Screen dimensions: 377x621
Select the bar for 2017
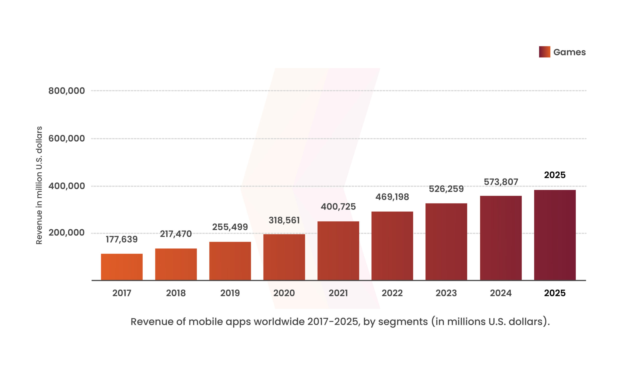(x=122, y=267)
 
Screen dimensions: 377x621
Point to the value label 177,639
(x=122, y=239)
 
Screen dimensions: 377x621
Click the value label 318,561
(x=284, y=220)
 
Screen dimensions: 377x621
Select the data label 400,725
(x=338, y=207)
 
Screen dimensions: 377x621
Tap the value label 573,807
(x=501, y=182)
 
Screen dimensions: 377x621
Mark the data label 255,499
(x=230, y=227)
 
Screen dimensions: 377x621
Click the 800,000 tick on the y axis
(x=66, y=91)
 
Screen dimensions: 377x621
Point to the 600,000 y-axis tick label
(x=66, y=138)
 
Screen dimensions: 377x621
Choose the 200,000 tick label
(x=66, y=233)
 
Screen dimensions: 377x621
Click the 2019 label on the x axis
(x=230, y=293)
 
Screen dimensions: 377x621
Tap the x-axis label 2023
(x=446, y=293)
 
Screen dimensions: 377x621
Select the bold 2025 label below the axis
(x=555, y=293)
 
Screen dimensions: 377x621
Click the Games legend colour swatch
(x=544, y=52)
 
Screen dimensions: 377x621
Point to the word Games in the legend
(x=569, y=52)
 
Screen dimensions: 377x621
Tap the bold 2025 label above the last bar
(x=555, y=175)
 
